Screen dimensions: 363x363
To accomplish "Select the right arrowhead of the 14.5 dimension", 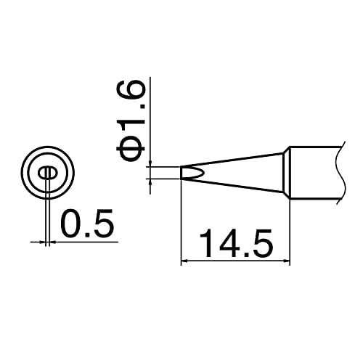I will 286,261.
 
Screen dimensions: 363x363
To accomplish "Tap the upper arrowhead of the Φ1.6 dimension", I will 150,163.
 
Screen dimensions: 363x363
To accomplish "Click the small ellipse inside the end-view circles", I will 46,173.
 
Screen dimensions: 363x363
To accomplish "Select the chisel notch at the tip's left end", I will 187,173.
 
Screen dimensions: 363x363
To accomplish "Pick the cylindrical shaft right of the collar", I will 312,173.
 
